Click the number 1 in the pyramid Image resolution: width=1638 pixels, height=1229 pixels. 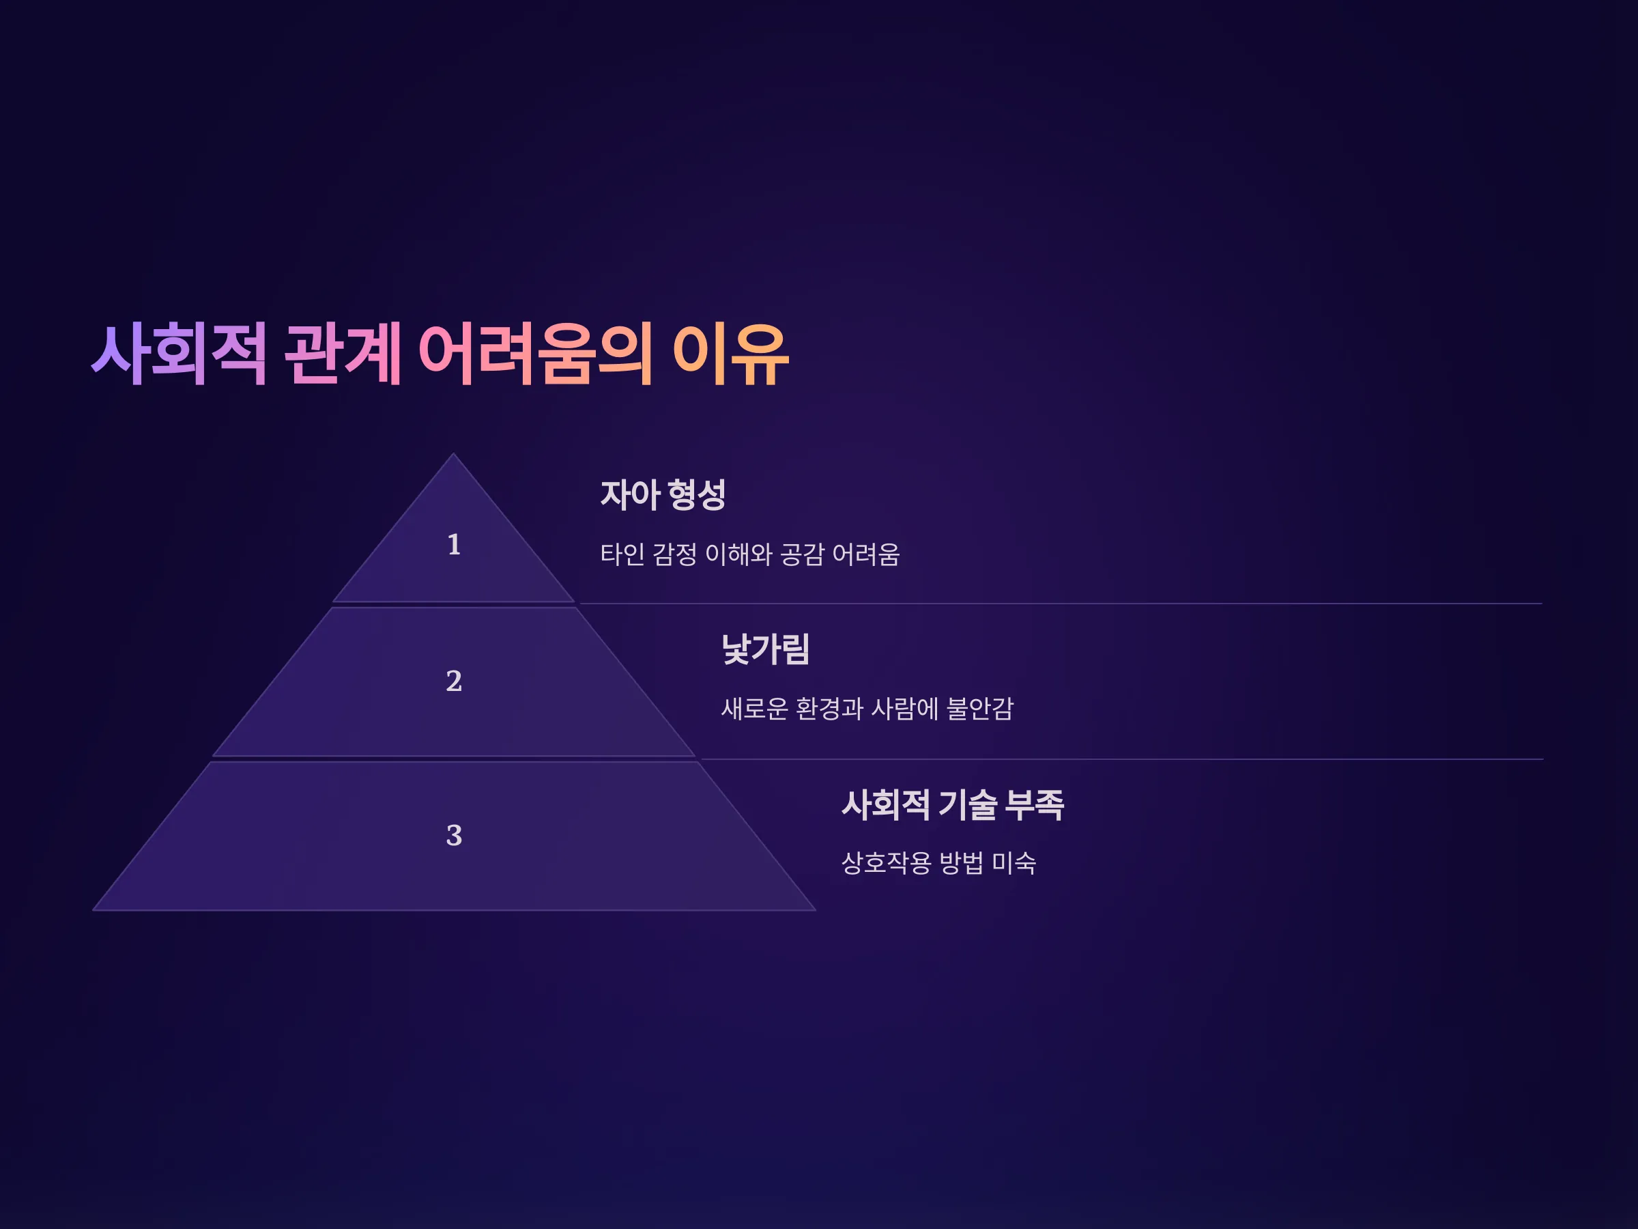click(x=454, y=544)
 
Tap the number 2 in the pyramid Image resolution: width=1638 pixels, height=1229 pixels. click(x=454, y=681)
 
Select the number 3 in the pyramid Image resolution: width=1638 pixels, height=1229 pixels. click(x=454, y=836)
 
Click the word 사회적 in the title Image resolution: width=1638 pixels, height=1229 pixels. click(x=179, y=354)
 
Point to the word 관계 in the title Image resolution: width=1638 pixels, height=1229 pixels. click(x=343, y=354)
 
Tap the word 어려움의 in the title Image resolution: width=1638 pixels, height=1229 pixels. click(x=535, y=354)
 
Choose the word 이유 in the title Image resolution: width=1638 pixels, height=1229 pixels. click(x=730, y=354)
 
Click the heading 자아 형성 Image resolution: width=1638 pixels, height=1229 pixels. click(x=663, y=494)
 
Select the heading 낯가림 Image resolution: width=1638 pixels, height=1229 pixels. click(x=766, y=649)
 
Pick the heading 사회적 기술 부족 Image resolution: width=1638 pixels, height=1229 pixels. click(x=953, y=804)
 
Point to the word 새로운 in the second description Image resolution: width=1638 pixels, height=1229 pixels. click(x=755, y=709)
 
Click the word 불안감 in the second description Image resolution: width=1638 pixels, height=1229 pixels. click(x=979, y=709)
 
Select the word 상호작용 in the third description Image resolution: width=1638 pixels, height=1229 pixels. click(x=887, y=862)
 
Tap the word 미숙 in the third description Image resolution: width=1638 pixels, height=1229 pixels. click(x=1014, y=862)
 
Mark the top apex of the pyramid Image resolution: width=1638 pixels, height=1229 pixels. click(x=454, y=453)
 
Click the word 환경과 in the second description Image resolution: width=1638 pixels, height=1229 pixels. click(x=829, y=709)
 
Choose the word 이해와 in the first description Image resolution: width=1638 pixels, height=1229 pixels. click(x=738, y=554)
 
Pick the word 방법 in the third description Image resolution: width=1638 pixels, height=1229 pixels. click(x=961, y=862)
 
